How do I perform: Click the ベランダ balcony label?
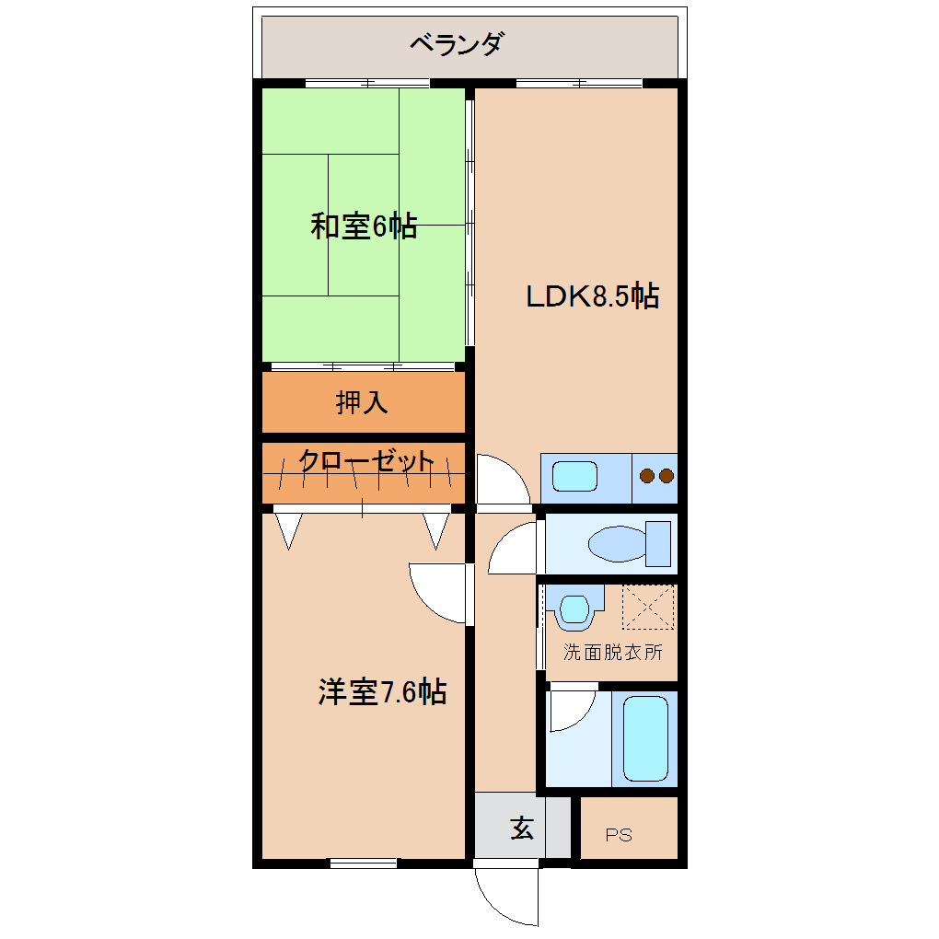[457, 43]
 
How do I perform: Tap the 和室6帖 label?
[364, 226]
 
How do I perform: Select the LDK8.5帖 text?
[592, 296]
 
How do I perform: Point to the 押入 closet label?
[362, 402]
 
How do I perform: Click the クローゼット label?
[365, 461]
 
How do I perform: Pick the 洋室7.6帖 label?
[382, 691]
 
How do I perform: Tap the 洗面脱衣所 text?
[612, 653]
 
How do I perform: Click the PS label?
[619, 836]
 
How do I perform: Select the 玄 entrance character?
[522, 829]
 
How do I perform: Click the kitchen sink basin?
[575, 478]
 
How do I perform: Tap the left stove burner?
[647, 476]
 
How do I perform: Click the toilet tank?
[658, 543]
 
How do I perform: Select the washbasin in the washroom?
[574, 609]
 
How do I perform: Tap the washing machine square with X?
[648, 608]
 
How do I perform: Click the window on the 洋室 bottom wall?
[364, 863]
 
